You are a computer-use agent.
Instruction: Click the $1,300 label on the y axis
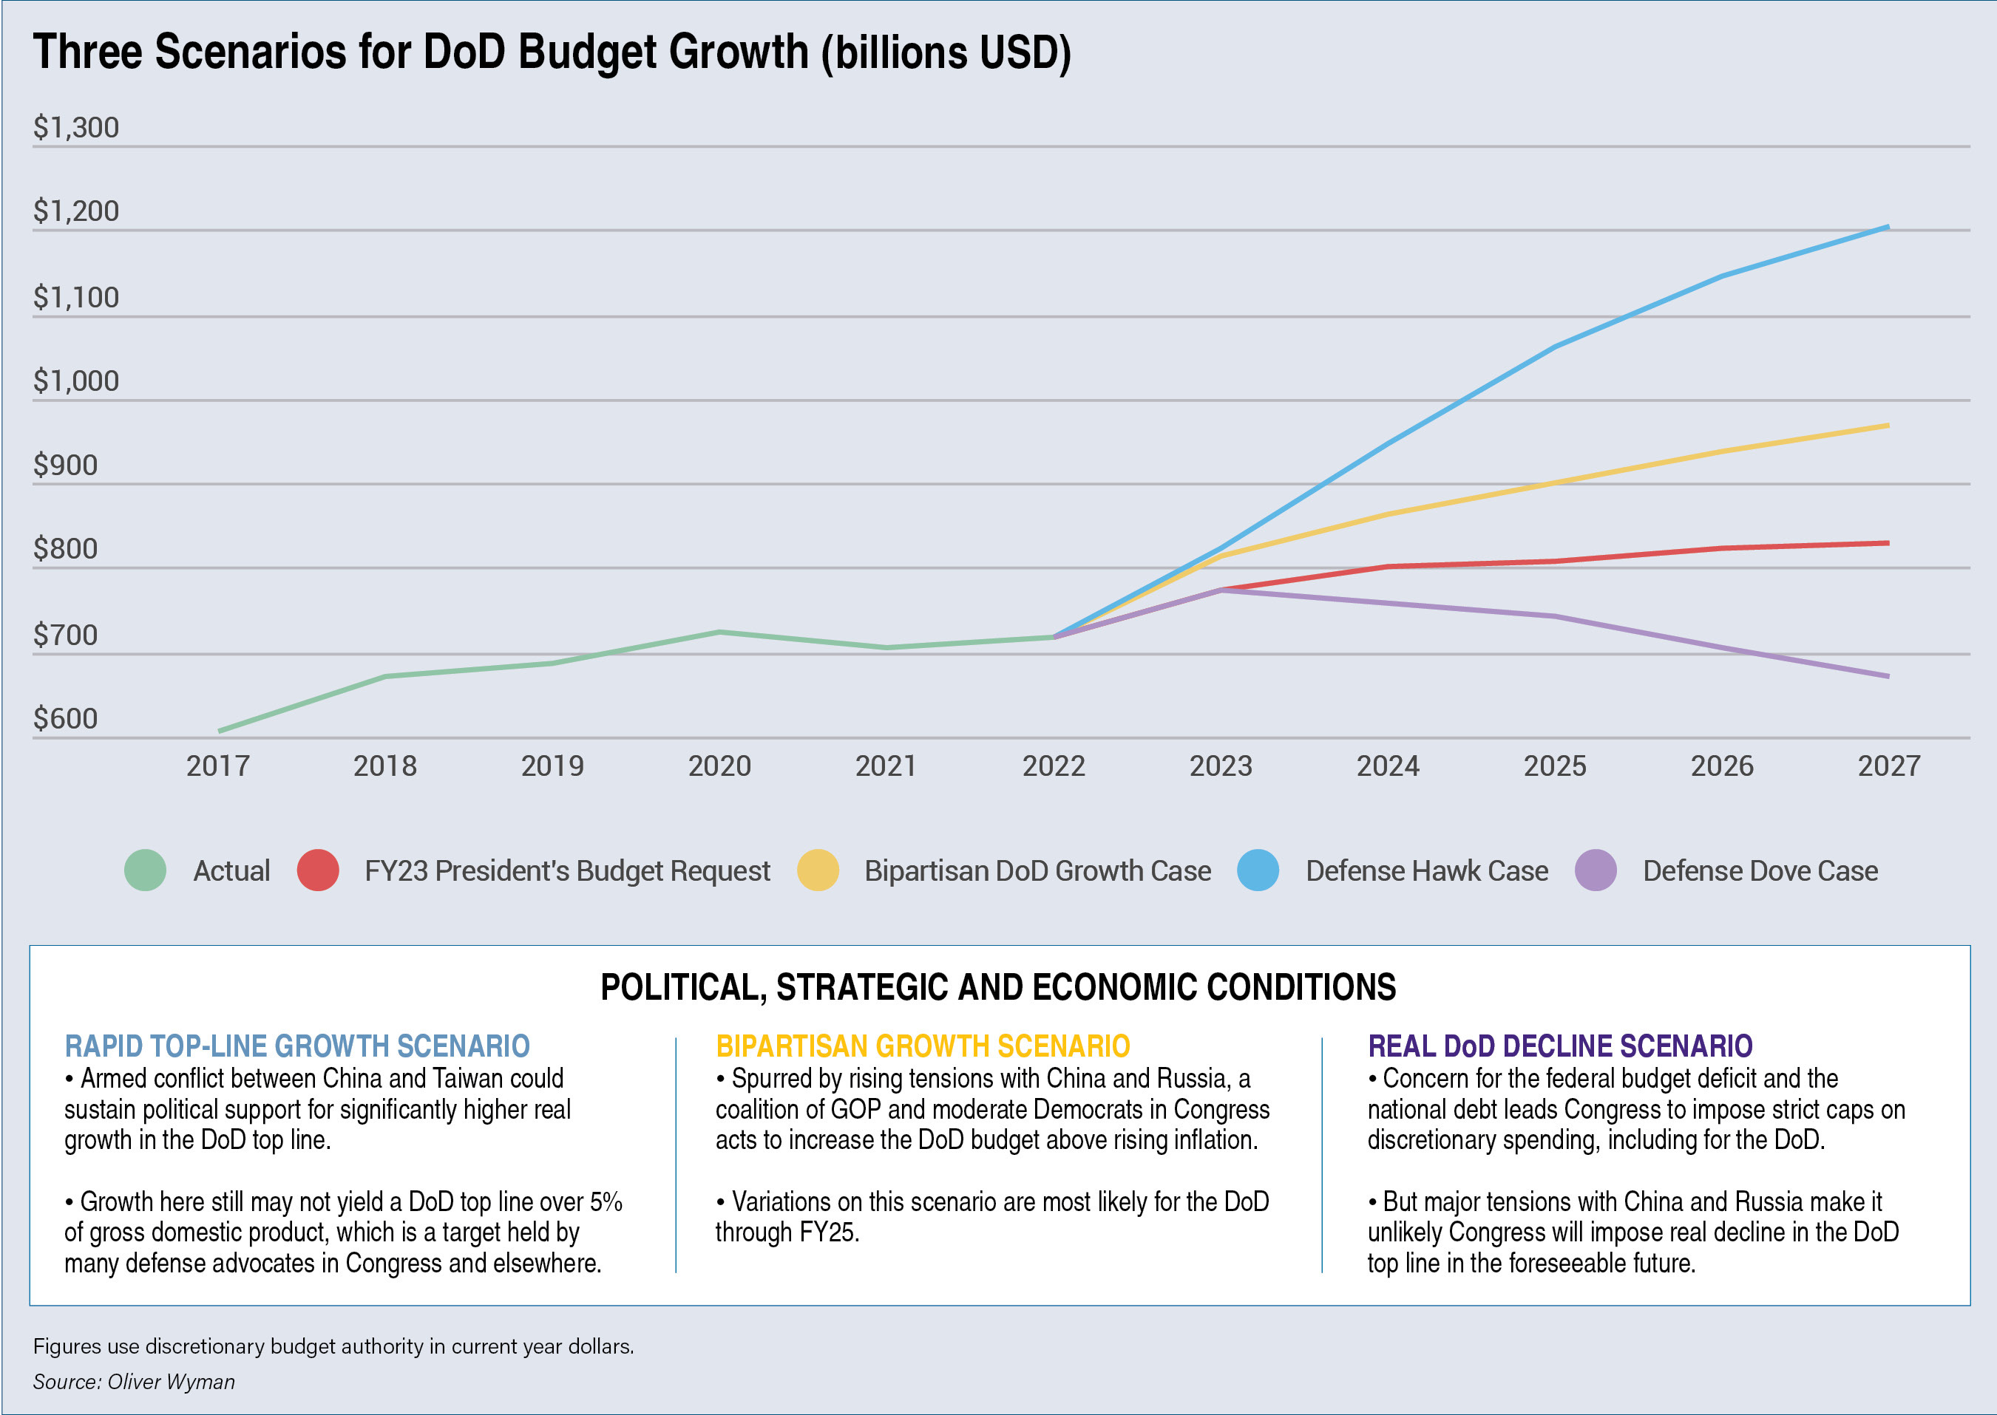pos(76,127)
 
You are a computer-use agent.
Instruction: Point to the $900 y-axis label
pos(65,466)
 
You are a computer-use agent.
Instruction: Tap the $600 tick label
pos(65,718)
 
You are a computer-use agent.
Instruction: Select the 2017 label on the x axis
pos(218,766)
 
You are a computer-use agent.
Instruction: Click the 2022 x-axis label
pos(1054,766)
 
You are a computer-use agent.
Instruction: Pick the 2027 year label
pos(1889,766)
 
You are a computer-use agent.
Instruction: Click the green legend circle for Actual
pos(146,870)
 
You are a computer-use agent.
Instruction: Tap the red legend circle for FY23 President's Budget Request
pos(318,870)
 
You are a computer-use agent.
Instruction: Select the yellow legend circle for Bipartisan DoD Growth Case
pos(818,870)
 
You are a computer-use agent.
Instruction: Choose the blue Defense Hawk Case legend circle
pos(1258,870)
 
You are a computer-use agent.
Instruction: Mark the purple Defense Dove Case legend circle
pos(1596,870)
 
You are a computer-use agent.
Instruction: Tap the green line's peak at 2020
pos(719,632)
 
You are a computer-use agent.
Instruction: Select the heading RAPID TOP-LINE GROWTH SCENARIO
pos(297,1046)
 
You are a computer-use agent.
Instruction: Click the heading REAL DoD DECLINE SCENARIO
pos(1560,1046)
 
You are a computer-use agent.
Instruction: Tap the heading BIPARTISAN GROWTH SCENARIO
pos(923,1046)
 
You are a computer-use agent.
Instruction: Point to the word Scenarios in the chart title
pos(282,52)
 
